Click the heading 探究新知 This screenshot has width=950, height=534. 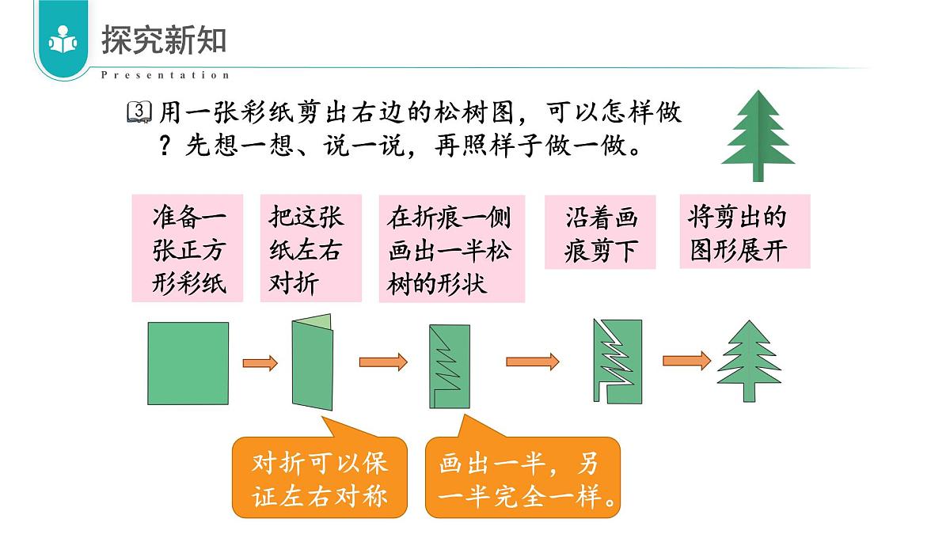coord(163,41)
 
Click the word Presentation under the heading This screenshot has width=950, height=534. coord(165,75)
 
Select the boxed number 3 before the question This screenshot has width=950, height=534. coord(138,112)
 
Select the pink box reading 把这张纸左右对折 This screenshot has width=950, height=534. coord(310,248)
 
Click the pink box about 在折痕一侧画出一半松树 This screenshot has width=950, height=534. coord(451,249)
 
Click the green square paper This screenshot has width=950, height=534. coord(188,364)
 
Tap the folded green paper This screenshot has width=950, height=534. coord(313,363)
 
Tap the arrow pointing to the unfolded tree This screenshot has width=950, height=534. coord(686,361)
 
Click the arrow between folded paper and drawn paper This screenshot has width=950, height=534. coord(383,362)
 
